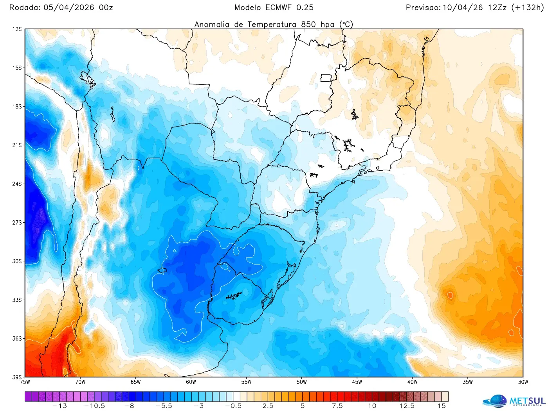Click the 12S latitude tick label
pyautogui.click(x=17, y=29)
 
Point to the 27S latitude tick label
pyautogui.click(x=17, y=223)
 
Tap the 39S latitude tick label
pyautogui.click(x=17, y=377)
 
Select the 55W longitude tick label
pyautogui.click(x=246, y=382)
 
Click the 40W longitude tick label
pyautogui.click(x=412, y=382)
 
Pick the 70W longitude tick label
pyautogui.click(x=80, y=382)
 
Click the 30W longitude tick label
pyautogui.click(x=523, y=382)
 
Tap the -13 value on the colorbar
pyautogui.click(x=59, y=406)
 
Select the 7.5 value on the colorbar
pyautogui.click(x=337, y=406)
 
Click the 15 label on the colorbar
pyautogui.click(x=442, y=406)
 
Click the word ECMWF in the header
pyautogui.click(x=276, y=7)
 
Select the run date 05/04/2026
pyautogui.click(x=69, y=7)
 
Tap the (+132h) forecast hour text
pyautogui.click(x=527, y=7)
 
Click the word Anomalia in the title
pyautogui.click(x=212, y=24)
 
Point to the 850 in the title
pyautogui.click(x=308, y=24)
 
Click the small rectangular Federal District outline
pyautogui.click(x=326, y=78)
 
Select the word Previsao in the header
pyautogui.click(x=423, y=7)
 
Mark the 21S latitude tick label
pyautogui.click(x=17, y=145)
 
